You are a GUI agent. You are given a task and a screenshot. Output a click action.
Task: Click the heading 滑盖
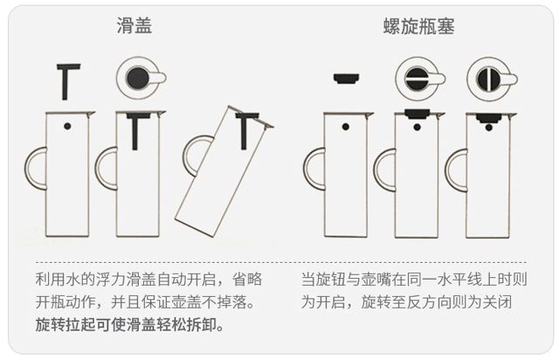135,25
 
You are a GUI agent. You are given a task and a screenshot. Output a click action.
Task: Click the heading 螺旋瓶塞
418,25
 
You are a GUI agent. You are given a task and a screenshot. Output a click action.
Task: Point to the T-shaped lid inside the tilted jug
246,128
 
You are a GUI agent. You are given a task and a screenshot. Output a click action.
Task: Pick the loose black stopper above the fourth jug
347,79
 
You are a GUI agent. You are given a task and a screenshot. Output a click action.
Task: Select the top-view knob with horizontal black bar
417,79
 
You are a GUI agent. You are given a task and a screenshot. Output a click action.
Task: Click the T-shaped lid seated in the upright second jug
139,129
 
